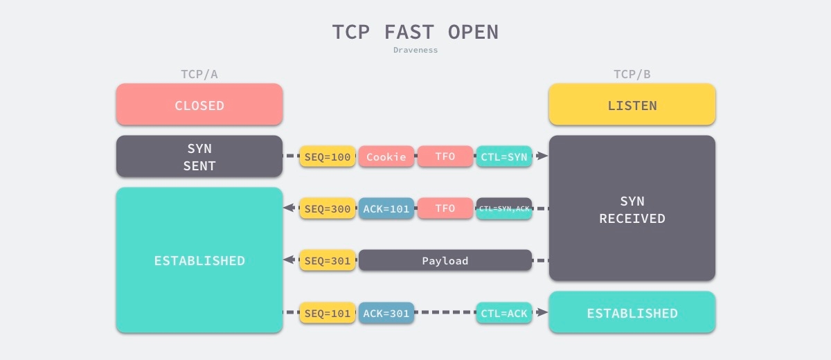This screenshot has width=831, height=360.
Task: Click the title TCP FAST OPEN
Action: tap(415, 32)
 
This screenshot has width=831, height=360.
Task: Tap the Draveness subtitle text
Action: tap(415, 50)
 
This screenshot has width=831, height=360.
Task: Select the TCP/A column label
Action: tap(199, 74)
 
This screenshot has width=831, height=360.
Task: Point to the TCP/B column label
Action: tap(632, 74)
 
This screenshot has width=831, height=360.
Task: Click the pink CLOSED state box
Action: tap(199, 104)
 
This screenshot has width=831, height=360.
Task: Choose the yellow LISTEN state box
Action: tap(632, 104)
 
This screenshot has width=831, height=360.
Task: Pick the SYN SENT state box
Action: tap(199, 156)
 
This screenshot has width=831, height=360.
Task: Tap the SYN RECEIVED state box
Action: tap(632, 208)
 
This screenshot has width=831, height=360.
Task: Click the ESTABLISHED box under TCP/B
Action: tap(632, 312)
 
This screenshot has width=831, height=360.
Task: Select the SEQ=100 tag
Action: tap(328, 156)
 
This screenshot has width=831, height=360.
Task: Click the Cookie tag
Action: tap(386, 156)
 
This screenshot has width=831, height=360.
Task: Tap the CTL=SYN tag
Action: tap(504, 156)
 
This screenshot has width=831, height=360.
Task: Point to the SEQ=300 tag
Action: tap(328, 208)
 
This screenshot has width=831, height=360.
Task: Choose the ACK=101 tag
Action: tap(386, 208)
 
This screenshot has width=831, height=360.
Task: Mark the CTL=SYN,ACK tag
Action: tap(504, 208)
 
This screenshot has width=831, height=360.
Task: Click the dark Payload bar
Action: tap(445, 260)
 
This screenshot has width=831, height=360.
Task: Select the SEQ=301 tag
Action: tap(328, 260)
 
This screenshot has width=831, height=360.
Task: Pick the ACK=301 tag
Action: tap(386, 312)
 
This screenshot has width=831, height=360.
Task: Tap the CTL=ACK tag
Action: tap(504, 312)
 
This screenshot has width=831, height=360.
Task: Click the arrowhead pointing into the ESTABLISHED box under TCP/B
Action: tap(542, 312)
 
